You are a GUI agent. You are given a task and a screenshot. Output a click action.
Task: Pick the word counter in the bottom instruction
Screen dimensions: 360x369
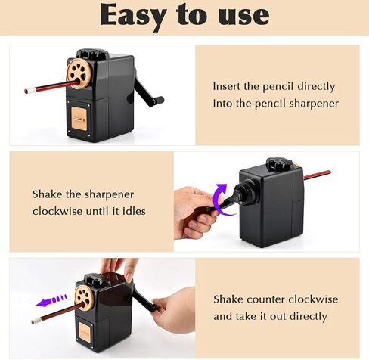(x=263, y=299)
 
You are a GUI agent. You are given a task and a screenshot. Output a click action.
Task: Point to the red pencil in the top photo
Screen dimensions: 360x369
(x=45, y=87)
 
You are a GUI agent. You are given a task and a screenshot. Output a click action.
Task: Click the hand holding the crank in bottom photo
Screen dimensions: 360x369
(x=172, y=310)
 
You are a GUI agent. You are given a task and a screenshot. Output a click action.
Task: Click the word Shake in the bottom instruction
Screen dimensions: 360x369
(x=228, y=299)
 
